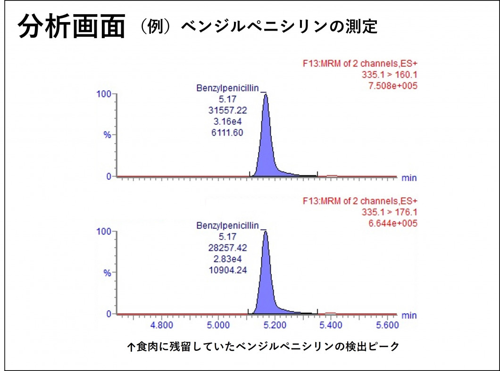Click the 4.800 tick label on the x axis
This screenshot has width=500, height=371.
coord(161,325)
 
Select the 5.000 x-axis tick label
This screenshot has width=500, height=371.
coord(218,325)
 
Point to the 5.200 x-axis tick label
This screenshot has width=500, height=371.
coord(275,325)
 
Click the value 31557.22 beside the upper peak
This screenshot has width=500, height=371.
coord(227,110)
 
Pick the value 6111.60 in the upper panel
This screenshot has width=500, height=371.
coord(227,133)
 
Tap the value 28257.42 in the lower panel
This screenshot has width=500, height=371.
coord(227,248)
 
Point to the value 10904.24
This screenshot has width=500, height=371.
coord(227,270)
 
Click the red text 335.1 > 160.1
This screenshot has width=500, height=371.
coord(389,74)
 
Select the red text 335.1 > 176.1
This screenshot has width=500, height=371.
coord(389,212)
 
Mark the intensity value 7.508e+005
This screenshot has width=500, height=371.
coord(392,86)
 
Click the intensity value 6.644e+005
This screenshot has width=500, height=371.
coord(392,223)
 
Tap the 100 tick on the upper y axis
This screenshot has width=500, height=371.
coord(104,94)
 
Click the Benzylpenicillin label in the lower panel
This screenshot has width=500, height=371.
coord(227,226)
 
